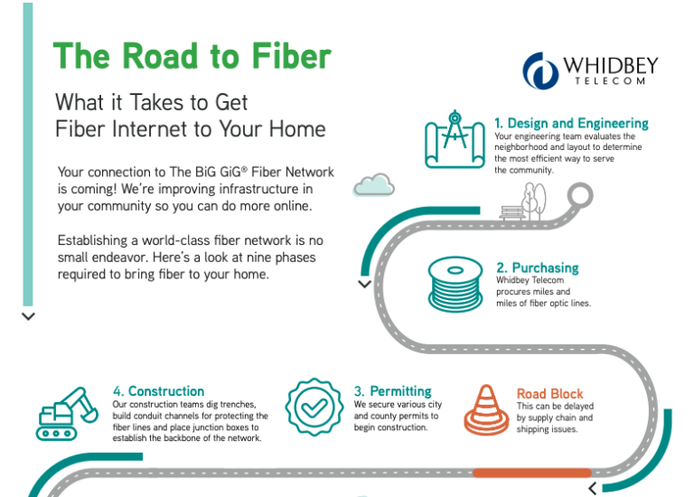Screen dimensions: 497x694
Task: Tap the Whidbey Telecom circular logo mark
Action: point(539,69)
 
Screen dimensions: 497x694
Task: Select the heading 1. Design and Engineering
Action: point(571,123)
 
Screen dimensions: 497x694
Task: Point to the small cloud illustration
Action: point(373,185)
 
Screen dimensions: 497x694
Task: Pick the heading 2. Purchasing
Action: point(537,267)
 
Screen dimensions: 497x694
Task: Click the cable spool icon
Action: point(455,284)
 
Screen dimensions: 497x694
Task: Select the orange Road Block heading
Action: point(549,394)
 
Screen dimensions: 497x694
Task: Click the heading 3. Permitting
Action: point(392,391)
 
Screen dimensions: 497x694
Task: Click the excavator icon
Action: point(67,414)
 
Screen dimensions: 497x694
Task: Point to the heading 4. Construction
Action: point(158,391)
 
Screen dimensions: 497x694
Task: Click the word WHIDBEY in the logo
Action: point(610,65)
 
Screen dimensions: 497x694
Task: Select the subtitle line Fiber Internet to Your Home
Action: point(190,128)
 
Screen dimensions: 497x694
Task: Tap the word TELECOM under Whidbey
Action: point(610,81)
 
